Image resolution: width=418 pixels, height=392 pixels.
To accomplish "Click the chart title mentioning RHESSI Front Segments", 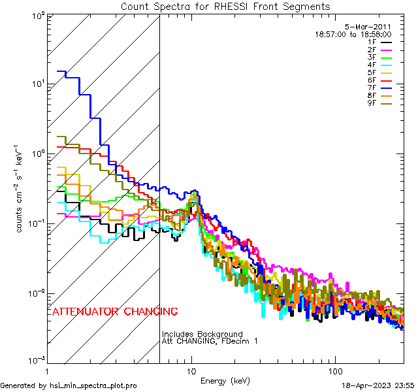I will (x=225, y=6).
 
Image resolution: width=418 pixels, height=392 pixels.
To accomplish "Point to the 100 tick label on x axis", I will (x=334, y=370).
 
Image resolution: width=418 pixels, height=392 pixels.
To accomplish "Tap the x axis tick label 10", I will (x=191, y=370).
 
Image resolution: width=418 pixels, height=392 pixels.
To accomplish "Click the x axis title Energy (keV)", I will (x=225, y=380).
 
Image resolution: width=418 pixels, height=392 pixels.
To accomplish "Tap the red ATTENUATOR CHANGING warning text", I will (x=114, y=311).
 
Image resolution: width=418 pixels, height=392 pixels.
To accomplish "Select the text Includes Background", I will (x=202, y=335).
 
